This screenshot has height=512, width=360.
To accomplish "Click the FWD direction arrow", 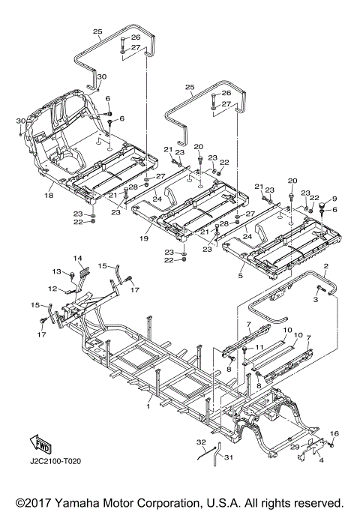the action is [40, 444].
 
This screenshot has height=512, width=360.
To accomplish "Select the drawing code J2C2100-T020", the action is [55, 461].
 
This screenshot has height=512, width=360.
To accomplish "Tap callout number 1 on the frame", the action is [148, 406].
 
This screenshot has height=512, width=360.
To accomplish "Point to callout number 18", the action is [49, 195].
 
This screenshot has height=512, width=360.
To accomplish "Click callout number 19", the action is [144, 238].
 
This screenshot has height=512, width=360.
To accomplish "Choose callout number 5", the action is [241, 276].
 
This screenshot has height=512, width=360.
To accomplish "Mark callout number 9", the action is [334, 199].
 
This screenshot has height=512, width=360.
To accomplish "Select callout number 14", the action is [78, 259].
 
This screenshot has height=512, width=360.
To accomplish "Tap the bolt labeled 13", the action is [72, 275].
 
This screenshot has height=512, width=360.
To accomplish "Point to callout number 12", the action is [52, 289].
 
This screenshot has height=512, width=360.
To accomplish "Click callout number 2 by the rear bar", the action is [325, 266].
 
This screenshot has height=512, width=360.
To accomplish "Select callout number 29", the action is [295, 446].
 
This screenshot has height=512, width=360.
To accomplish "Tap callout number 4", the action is [322, 460].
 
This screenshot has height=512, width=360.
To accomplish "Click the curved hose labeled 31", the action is [217, 454].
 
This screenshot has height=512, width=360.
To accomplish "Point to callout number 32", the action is [201, 442].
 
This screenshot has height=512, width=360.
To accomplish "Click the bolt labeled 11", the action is [245, 352].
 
